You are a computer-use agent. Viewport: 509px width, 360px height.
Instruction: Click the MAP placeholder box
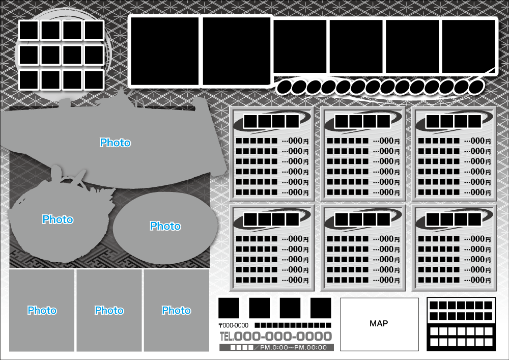point(379,324)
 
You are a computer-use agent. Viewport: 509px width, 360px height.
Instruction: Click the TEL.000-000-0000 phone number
point(275,337)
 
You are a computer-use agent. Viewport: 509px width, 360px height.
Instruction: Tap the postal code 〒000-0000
point(234,325)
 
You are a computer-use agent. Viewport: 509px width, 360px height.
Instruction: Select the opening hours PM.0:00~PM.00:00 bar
point(276,347)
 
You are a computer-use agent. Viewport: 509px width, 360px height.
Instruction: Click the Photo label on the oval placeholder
point(165,226)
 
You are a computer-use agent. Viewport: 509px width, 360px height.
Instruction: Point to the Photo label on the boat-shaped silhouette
point(115,143)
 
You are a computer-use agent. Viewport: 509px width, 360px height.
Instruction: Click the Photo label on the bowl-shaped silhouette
point(58,219)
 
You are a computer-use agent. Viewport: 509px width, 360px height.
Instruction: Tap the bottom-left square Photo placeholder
point(42,310)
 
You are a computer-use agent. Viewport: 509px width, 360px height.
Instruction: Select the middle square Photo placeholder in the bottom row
point(109,310)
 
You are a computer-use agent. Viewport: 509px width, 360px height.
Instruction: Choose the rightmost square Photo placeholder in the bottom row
point(176,310)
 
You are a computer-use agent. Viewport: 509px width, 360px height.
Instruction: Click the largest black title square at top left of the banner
point(164,51)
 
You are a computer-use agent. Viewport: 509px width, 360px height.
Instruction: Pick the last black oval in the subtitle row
point(476,86)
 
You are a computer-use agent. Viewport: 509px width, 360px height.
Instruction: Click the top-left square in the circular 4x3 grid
point(29,31)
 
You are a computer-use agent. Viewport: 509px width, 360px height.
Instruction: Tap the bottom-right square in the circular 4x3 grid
point(94,79)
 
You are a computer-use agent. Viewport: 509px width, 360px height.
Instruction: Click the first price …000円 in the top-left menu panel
point(298,141)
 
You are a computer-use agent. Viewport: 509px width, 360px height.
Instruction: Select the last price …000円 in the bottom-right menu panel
point(480,280)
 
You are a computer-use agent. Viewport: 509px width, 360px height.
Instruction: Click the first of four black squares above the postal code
point(229,308)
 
